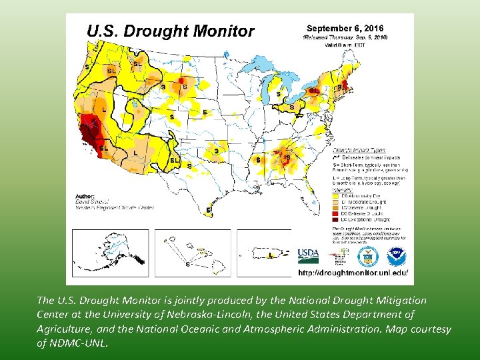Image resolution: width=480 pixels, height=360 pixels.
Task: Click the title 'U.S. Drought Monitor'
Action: click(171, 31)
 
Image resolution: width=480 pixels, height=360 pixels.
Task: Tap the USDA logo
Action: click(308, 255)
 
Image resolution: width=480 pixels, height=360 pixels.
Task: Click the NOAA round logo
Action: click(395, 256)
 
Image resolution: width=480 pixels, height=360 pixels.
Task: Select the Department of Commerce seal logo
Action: click(367, 256)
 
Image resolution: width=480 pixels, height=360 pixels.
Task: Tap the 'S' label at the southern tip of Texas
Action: click(209, 210)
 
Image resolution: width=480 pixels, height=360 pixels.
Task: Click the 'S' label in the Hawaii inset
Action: click(187, 264)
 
